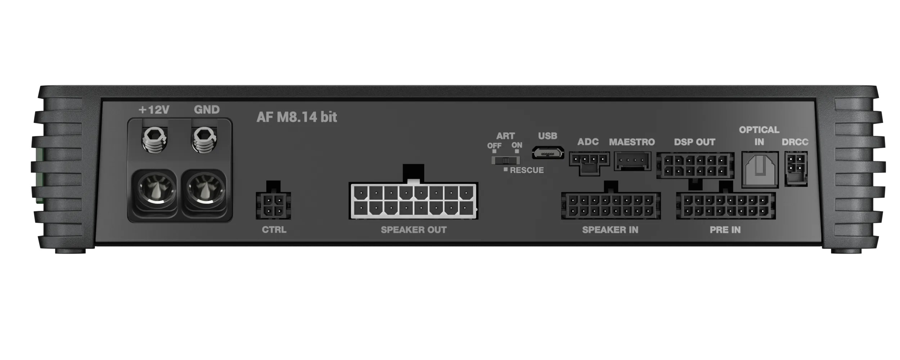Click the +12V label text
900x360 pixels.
tap(154, 109)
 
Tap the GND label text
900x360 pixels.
tap(207, 109)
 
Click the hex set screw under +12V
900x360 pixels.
tap(155, 140)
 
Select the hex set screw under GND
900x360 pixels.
tap(204, 140)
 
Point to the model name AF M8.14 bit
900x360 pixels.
tap(297, 117)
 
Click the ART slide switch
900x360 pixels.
tap(505, 160)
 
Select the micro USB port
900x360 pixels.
tap(548, 153)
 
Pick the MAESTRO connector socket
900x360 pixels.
tap(632, 161)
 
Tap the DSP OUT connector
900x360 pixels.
tap(695, 166)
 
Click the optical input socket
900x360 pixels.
tap(760, 170)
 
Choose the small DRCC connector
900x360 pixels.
tap(796, 168)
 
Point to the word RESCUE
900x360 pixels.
tap(527, 170)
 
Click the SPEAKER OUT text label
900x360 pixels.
tap(414, 230)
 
